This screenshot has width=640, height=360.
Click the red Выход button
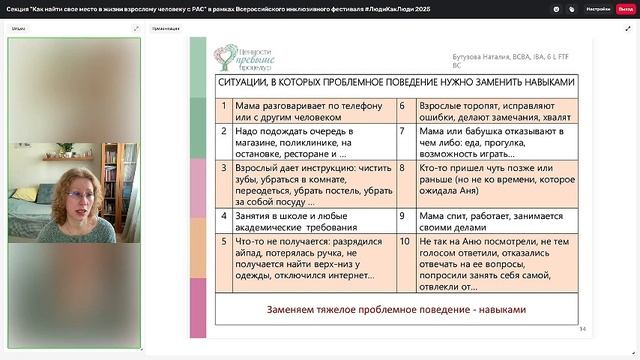pyautogui.click(x=625, y=8)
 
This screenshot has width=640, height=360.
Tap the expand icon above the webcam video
pyautogui.click(x=136, y=28)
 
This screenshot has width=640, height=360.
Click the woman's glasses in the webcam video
pyautogui.click(x=76, y=194)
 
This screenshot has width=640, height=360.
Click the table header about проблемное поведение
pyautogui.click(x=397, y=83)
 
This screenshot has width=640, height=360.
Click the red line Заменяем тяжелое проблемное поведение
pyautogui.click(x=397, y=309)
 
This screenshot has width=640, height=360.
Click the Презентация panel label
pyautogui.click(x=166, y=29)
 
